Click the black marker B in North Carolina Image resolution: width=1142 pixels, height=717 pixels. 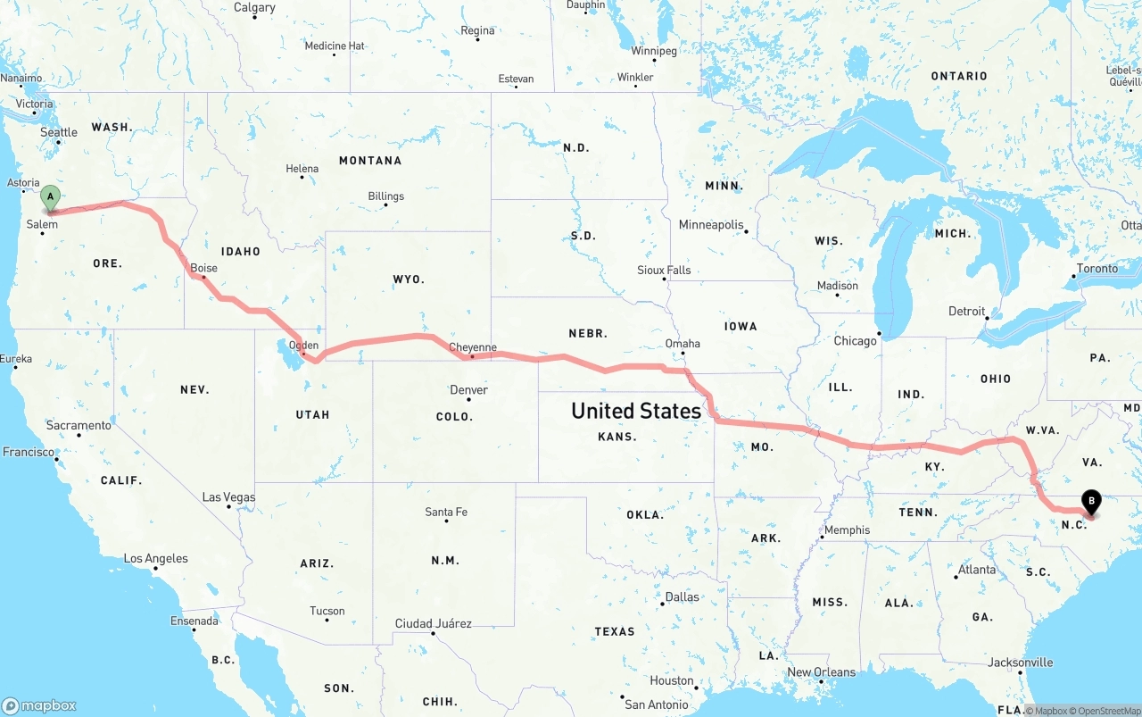1091,502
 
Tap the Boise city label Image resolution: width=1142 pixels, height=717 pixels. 203,268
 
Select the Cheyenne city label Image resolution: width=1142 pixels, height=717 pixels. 472,347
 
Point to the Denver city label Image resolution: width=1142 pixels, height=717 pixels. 468,389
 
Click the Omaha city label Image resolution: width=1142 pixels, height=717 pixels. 683,343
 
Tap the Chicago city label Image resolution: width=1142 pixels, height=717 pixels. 855,340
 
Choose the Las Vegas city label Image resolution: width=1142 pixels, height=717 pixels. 228,497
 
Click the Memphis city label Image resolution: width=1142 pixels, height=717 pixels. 847,529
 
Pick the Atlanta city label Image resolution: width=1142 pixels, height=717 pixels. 977,570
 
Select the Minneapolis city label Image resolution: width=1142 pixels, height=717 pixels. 711,224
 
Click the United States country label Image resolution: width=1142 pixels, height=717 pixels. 636,411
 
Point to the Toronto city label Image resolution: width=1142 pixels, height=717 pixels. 1096,268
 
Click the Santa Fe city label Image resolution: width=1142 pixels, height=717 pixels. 446,512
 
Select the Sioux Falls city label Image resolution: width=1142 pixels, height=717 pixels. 664,270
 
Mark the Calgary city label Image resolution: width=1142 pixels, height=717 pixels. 254,7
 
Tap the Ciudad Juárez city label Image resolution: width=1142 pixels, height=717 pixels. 434,623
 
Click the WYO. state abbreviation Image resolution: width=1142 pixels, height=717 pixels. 409,279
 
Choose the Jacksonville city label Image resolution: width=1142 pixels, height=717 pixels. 1020,663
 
